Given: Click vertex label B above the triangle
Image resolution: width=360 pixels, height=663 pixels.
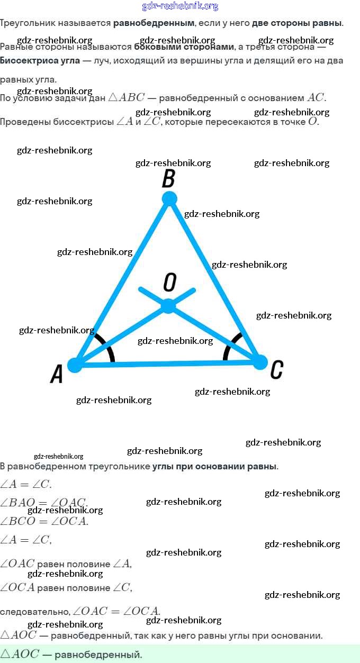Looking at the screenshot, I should click(168, 178).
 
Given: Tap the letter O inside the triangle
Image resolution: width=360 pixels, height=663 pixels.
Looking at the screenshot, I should click(169, 283).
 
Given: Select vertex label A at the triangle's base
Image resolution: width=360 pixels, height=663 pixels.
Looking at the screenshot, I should click(57, 374).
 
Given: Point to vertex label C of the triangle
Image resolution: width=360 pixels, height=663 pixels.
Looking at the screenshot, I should click(276, 369).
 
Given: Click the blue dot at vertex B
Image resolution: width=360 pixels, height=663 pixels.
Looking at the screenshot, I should click(169, 199).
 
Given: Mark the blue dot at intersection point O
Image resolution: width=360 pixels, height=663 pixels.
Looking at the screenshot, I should click(168, 306).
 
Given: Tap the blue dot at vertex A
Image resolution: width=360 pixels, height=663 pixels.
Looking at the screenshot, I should click(75, 365).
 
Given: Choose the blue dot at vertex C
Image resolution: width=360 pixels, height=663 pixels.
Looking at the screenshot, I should click(259, 362).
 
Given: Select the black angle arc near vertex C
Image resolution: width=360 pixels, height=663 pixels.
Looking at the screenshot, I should click(229, 346).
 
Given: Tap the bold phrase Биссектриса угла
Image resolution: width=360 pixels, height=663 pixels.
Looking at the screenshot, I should click(40, 60).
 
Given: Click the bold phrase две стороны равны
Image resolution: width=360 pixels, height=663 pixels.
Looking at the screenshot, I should click(297, 23).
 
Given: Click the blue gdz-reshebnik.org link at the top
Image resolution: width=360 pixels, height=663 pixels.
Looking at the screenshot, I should click(180, 6).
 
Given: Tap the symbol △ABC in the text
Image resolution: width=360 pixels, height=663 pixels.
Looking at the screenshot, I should click(126, 98).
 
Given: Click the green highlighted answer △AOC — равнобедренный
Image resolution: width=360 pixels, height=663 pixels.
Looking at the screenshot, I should click(71, 655).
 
